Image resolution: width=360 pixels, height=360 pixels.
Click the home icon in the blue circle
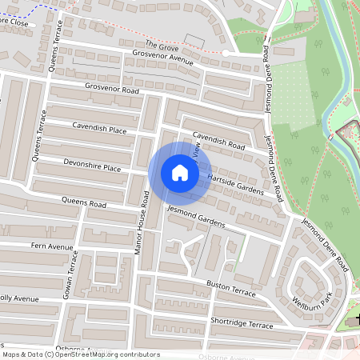[x=179, y=173]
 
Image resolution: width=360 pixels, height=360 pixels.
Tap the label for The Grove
[x=162, y=48]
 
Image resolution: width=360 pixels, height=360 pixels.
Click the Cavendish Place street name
[x=99, y=128]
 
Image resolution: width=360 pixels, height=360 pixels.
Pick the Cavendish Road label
[x=218, y=141]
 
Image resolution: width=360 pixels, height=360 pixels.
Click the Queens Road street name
[x=83, y=204]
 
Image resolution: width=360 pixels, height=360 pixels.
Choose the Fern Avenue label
[x=51, y=246]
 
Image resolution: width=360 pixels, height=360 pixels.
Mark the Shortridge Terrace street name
[x=242, y=322]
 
